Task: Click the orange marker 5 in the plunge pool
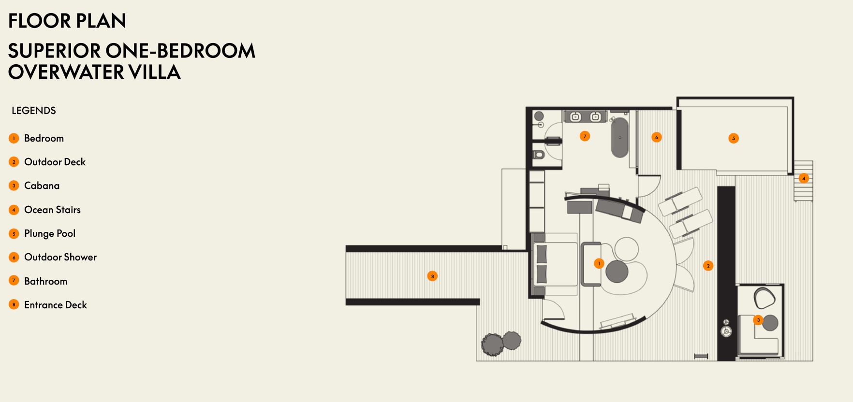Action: click(734, 138)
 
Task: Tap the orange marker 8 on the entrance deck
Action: click(432, 276)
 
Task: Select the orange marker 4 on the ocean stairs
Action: click(804, 178)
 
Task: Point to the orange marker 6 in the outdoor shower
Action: click(656, 137)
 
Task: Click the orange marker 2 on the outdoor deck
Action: click(708, 266)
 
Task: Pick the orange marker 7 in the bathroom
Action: click(585, 136)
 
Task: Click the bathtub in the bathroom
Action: click(619, 137)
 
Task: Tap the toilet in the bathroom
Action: click(538, 155)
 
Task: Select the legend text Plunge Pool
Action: click(50, 233)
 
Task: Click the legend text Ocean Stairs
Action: click(52, 210)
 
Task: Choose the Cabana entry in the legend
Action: click(42, 186)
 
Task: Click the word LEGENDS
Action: click(34, 111)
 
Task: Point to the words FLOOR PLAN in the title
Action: click(67, 21)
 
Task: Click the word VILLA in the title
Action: click(154, 72)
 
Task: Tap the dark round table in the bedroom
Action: click(617, 271)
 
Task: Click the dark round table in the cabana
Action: click(770, 323)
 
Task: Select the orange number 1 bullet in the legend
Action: click(14, 138)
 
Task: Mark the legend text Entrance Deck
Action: click(56, 305)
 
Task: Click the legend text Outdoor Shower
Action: click(60, 257)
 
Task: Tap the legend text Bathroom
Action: click(46, 281)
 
